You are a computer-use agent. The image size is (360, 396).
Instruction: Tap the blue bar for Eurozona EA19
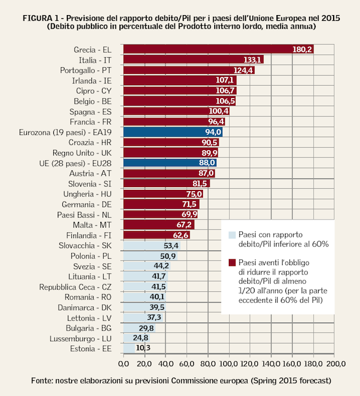[x=172, y=132]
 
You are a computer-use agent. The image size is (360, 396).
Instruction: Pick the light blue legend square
[x=232, y=235]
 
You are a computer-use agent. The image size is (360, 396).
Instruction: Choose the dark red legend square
[x=232, y=262]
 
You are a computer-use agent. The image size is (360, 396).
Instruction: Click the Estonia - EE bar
[x=128, y=348]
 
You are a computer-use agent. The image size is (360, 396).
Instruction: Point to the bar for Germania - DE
[x=160, y=204]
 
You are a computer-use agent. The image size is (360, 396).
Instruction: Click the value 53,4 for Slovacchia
[x=171, y=245]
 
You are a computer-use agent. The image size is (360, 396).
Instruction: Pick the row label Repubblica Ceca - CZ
[x=76, y=287]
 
